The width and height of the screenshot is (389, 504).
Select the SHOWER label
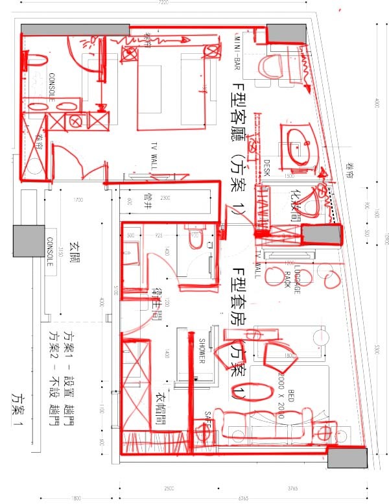(x=202, y=351)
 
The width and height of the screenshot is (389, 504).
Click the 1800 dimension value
(x=77, y=499)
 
